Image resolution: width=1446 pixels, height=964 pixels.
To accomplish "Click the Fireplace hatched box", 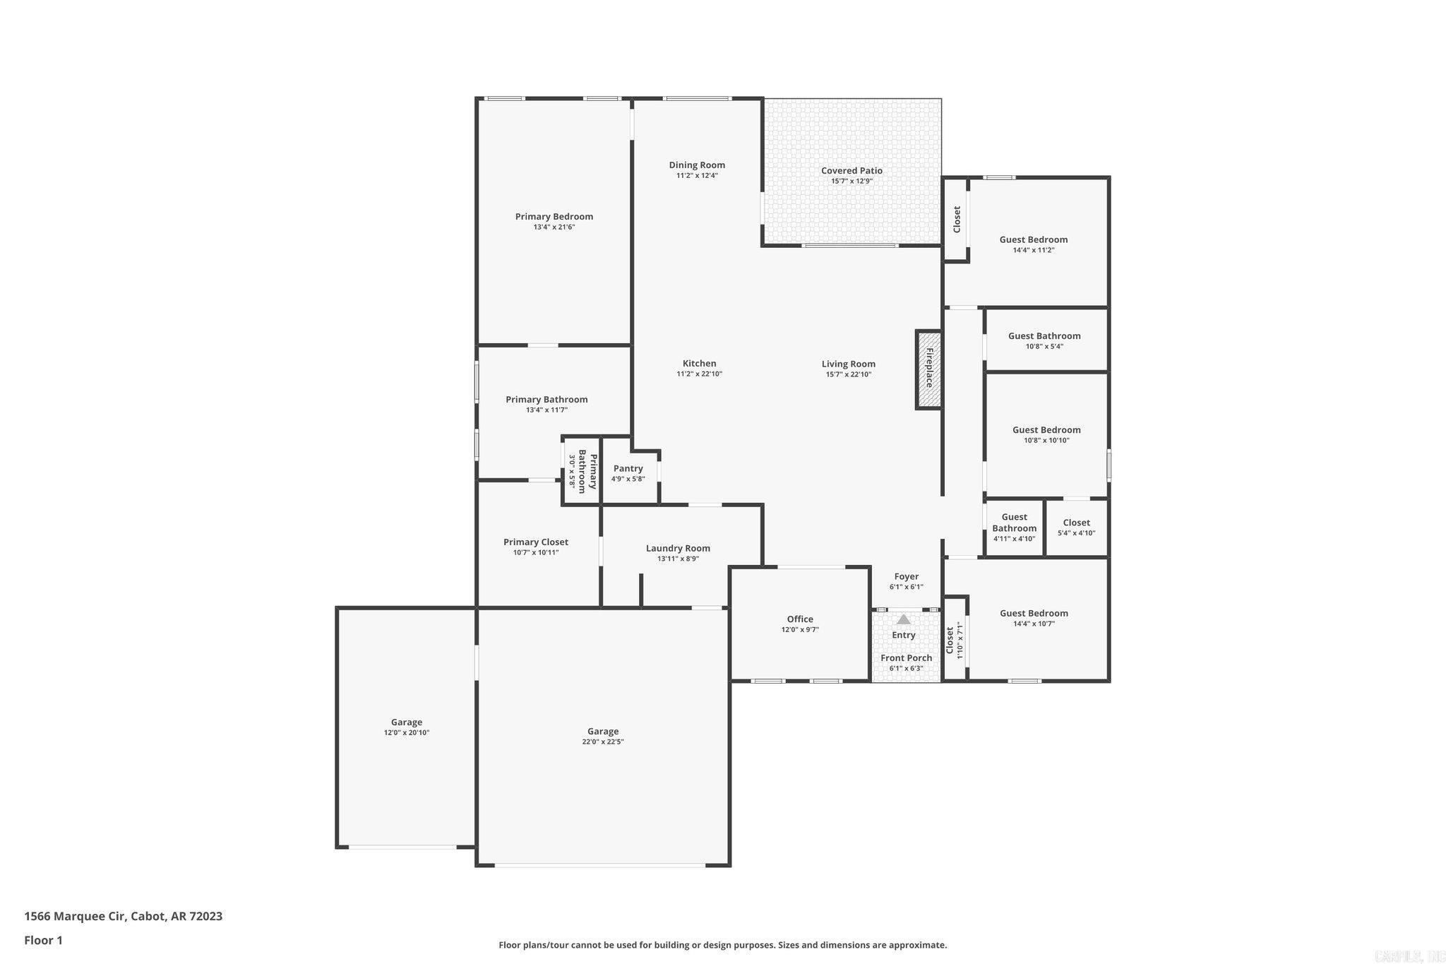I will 929,369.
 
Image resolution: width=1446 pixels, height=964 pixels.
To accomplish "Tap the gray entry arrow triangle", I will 903,619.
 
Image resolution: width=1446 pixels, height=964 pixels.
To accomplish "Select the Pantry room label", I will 628,469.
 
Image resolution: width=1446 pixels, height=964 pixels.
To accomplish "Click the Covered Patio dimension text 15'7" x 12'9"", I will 852,182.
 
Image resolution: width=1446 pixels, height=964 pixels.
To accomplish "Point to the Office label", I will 800,619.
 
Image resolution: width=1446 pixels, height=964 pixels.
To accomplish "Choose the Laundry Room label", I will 678,548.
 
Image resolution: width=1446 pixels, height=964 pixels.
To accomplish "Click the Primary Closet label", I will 535,542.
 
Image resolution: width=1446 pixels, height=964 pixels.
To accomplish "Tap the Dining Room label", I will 697,165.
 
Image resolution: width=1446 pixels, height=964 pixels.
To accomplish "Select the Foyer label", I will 906,576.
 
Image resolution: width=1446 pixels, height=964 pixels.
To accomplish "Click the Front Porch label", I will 906,657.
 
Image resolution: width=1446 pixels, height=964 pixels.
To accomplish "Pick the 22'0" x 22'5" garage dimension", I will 602,742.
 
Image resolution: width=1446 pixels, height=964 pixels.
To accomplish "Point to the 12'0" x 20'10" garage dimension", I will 407,732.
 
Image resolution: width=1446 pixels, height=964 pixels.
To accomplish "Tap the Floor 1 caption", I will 44,940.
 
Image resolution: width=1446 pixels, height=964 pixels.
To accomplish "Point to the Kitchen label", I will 699,364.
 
